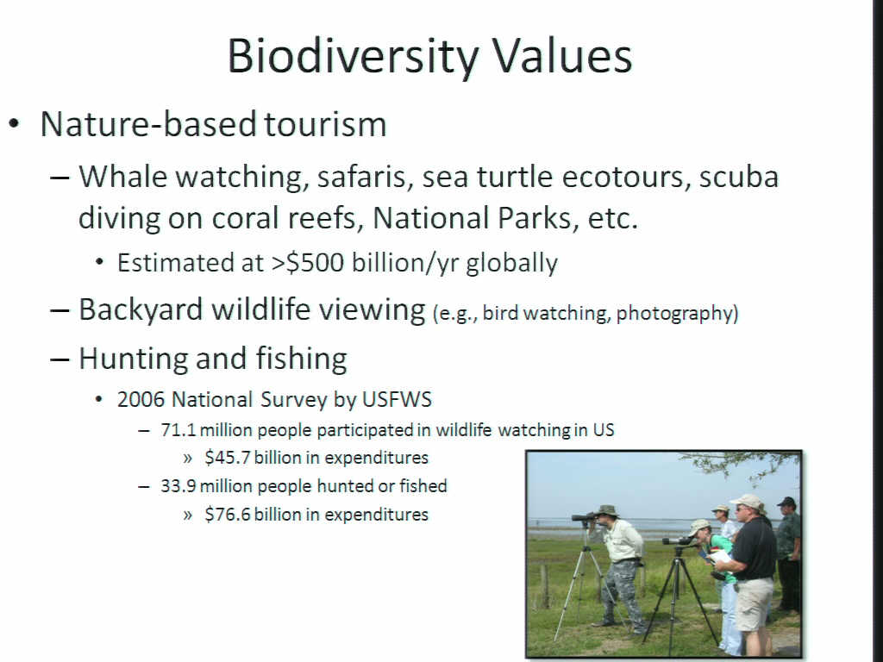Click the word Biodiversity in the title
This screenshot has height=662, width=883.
353,57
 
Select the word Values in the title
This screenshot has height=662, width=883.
562,56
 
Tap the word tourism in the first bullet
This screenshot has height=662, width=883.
325,124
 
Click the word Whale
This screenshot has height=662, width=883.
122,176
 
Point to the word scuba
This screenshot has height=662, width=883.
739,176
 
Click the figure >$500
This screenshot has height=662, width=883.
308,262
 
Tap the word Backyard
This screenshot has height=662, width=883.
141,310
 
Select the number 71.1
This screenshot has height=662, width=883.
178,430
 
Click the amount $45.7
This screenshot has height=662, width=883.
227,458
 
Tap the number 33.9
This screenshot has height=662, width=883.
178,486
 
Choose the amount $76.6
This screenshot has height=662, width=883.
227,515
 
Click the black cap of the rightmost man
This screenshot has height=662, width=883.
786,502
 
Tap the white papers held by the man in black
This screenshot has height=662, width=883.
720,556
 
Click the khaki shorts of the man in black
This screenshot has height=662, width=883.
754,604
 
